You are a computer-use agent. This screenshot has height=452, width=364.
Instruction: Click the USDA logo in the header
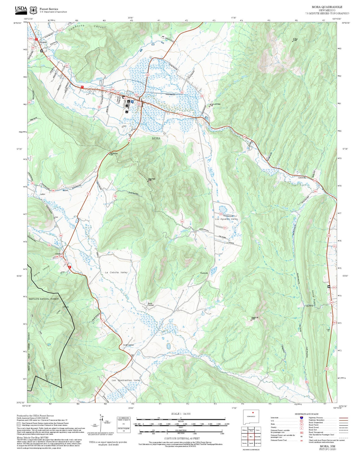[21, 9]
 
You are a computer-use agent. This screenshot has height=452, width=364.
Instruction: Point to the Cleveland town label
[43, 42]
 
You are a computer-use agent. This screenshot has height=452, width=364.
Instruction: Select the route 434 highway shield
[147, 75]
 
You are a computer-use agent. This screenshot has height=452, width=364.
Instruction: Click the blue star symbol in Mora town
[132, 102]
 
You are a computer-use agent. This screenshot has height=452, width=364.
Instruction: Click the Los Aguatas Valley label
[226, 219]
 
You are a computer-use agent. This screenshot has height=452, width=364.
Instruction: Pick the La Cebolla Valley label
[116, 272]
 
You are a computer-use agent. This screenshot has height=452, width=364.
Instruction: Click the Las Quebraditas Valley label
[126, 380]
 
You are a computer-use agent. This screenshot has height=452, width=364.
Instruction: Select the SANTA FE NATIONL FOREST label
[44, 299]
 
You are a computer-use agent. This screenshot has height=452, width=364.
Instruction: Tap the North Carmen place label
[151, 304]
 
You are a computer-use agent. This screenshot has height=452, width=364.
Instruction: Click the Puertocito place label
[204, 273]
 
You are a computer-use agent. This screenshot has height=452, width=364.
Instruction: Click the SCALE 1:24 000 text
[181, 414]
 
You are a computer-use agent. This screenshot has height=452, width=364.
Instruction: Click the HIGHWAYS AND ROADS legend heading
[306, 414]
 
